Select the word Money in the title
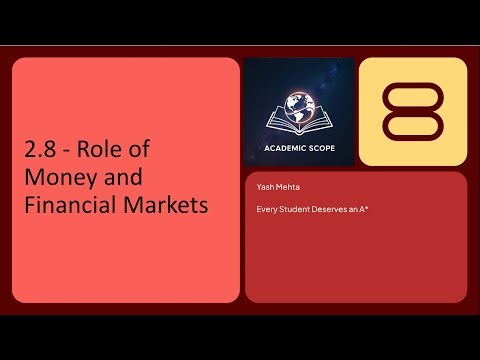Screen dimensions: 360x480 (x=59, y=180)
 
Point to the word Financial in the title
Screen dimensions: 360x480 (x=73, y=207)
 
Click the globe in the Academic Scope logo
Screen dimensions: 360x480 (x=300, y=103)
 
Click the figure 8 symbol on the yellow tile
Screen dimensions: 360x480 (x=412, y=111)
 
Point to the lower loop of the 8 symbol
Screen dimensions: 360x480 (x=412, y=128)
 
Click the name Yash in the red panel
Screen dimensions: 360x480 (x=265, y=189)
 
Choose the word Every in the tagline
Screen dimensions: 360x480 (x=267, y=209)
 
